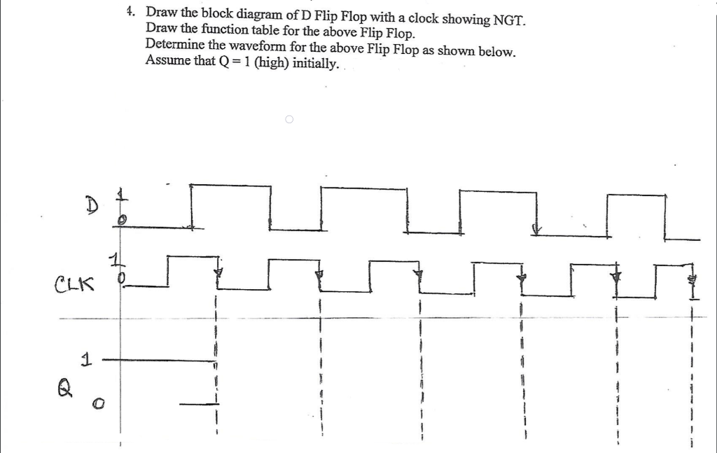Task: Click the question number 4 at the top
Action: [130, 13]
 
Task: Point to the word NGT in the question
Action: [508, 19]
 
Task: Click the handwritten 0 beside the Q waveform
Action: [100, 403]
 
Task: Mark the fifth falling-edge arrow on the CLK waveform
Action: [616, 277]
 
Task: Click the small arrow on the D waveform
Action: [537, 229]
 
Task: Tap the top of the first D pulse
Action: [231, 186]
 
